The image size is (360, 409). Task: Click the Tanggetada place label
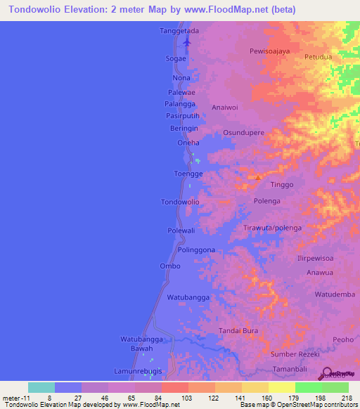pyautogui.click(x=179, y=31)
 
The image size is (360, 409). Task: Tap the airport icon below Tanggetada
pyautogui.click(x=186, y=42)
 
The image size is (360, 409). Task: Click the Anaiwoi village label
pyautogui.click(x=227, y=108)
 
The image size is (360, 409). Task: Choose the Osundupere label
pyautogui.click(x=243, y=132)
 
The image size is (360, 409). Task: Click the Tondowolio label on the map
pyautogui.click(x=181, y=202)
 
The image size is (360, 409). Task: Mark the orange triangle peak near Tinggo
pyautogui.click(x=258, y=177)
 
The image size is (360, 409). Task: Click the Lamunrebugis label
pyautogui.click(x=138, y=370)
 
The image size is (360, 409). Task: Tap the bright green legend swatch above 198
pyautogui.click(x=309, y=387)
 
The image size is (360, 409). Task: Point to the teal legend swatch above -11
pyautogui.click(x=41, y=387)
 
